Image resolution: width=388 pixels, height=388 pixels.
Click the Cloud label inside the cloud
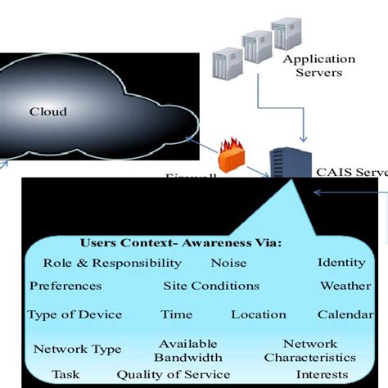[47, 111]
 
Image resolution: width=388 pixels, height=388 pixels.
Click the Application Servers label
[319, 65]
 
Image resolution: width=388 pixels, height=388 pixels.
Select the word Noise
[228, 263]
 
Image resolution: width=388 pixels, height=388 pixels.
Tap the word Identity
[341, 263]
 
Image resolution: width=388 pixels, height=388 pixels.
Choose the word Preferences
[65, 286]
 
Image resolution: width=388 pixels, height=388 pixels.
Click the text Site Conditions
[211, 286]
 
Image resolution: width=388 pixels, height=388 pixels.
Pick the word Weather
[345, 286]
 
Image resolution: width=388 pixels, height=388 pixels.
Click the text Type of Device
[74, 314]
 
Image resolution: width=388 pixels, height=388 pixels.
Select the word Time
[176, 314]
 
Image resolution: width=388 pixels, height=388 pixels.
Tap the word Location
[259, 314]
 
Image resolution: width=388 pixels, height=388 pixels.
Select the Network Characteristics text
[310, 350]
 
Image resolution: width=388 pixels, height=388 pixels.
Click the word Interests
[322, 374]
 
